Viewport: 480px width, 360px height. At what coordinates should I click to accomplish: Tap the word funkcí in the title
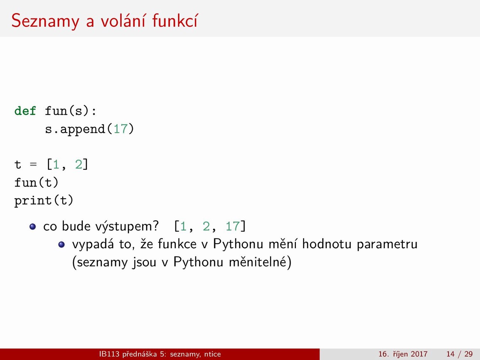[x=175, y=20]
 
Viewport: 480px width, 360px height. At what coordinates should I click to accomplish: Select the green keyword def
[x=25, y=111]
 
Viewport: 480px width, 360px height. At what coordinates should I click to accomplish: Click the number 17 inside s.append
[x=120, y=129]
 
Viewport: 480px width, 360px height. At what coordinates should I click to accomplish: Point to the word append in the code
[x=83, y=129]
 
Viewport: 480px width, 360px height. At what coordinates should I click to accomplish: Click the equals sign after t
[x=33, y=164]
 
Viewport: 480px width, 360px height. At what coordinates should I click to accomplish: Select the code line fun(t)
[x=36, y=183]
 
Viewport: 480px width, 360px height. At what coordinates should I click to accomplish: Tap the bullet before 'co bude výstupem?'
[x=33, y=226]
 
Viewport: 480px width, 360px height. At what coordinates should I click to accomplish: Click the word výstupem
[x=127, y=226]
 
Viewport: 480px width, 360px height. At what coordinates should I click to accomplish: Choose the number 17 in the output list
[x=232, y=226]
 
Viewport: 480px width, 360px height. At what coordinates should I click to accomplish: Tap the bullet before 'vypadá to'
[x=61, y=244]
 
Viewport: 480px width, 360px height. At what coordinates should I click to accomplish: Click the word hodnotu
[x=327, y=244]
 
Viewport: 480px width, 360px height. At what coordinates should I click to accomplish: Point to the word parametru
[x=387, y=244]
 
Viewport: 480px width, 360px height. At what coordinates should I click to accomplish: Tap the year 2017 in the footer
[x=419, y=354]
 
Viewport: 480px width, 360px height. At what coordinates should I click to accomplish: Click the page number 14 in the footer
[x=450, y=354]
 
